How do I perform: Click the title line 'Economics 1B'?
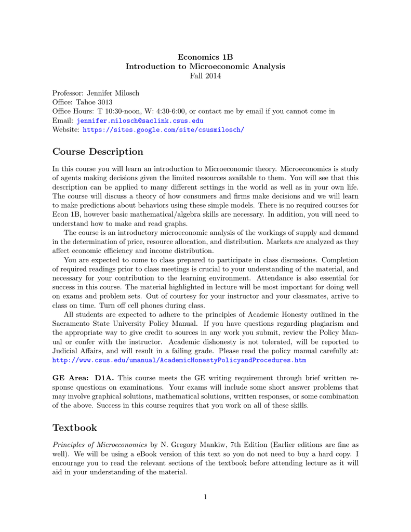(205, 57)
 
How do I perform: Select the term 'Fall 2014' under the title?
(205, 76)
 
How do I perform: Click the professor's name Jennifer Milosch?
(113, 93)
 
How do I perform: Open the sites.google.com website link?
(163, 129)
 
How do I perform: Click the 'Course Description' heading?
(98, 152)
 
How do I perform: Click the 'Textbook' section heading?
(75, 428)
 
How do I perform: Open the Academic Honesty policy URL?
(179, 360)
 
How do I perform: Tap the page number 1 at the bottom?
(205, 497)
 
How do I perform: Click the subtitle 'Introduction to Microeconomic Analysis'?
(205, 66)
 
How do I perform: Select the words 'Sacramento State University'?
(98, 323)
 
